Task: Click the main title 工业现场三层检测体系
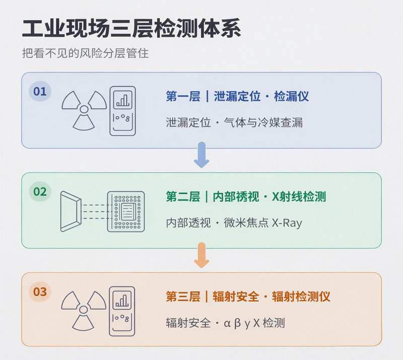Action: [131, 28]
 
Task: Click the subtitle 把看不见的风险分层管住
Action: [85, 53]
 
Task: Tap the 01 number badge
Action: [40, 91]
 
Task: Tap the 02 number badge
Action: [40, 191]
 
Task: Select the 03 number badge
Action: [40, 292]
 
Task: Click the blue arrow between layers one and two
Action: [201, 155]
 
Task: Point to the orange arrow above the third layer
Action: [201, 255]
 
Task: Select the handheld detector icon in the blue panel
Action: [122, 111]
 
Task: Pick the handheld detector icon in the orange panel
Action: [122, 311]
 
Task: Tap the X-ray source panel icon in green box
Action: [71, 211]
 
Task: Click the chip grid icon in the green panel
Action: [126, 211]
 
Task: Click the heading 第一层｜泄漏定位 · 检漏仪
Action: [237, 96]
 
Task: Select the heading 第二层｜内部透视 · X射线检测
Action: [246, 196]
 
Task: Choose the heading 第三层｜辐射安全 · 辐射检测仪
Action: [248, 297]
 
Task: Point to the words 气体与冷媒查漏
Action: [263, 122]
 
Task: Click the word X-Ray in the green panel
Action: [287, 223]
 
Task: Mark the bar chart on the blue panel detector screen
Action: [122, 100]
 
